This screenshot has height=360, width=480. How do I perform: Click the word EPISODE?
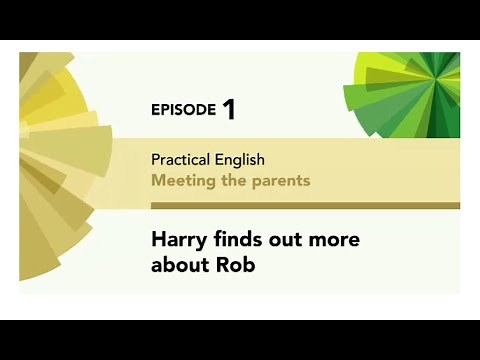(183, 110)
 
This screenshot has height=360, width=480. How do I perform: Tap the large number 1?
(229, 109)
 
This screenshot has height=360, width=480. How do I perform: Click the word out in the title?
(291, 240)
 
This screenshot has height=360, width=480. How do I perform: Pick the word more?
(337, 240)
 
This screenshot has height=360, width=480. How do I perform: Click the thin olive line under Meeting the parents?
(300, 205)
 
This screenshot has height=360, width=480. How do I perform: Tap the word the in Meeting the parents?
(237, 181)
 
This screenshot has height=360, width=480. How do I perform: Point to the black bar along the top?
(240, 20)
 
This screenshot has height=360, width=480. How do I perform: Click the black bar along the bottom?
(240, 340)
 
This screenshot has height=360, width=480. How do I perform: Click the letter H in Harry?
(158, 240)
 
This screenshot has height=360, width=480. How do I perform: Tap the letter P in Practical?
(155, 160)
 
